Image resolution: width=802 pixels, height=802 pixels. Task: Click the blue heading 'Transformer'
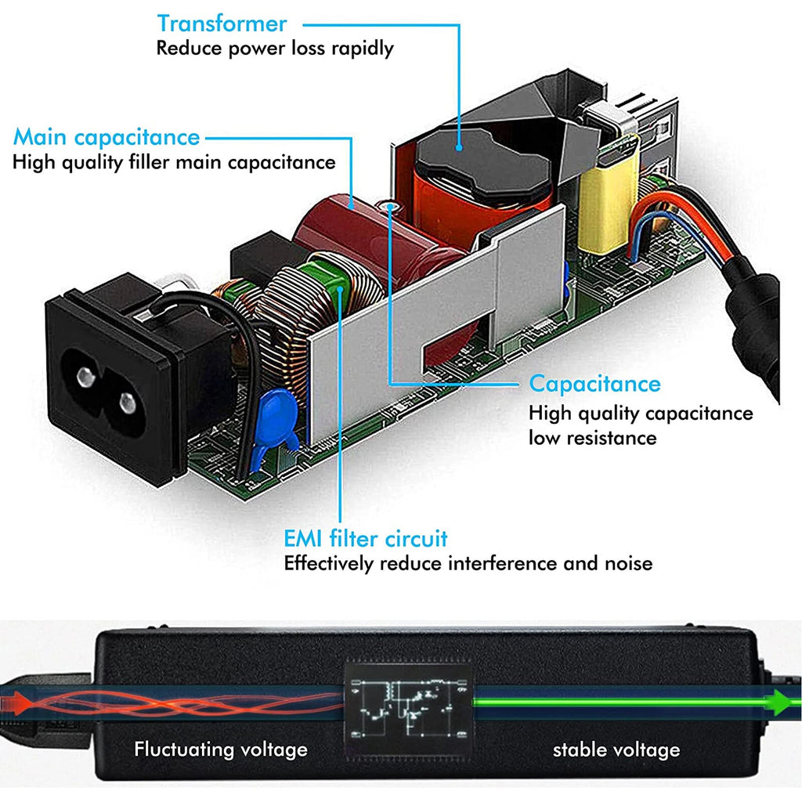pyautogui.click(x=222, y=23)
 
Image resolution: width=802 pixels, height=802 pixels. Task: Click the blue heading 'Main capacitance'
pyautogui.click(x=107, y=137)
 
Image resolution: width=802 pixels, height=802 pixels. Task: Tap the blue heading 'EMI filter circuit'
pyautogui.click(x=366, y=539)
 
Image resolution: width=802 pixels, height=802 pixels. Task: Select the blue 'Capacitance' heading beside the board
pyautogui.click(x=595, y=384)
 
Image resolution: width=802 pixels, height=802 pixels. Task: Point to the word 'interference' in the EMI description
pyautogui.click(x=503, y=563)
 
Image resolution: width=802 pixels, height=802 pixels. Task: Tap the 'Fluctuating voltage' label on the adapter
pyautogui.click(x=221, y=750)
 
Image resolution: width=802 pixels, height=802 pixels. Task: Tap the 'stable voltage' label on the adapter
pyautogui.click(x=616, y=750)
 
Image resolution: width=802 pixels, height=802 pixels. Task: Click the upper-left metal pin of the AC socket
pyautogui.click(x=86, y=377)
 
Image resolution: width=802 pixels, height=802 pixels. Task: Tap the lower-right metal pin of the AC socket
pyautogui.click(x=128, y=403)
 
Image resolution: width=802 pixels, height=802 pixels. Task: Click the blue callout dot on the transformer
pyautogui.click(x=459, y=147)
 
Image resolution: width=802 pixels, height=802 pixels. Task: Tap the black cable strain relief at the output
pyautogui.click(x=753, y=327)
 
